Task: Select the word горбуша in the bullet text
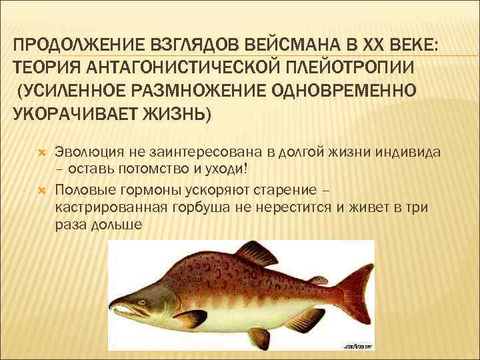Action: [x=207, y=207]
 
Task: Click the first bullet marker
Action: [x=41, y=152]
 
